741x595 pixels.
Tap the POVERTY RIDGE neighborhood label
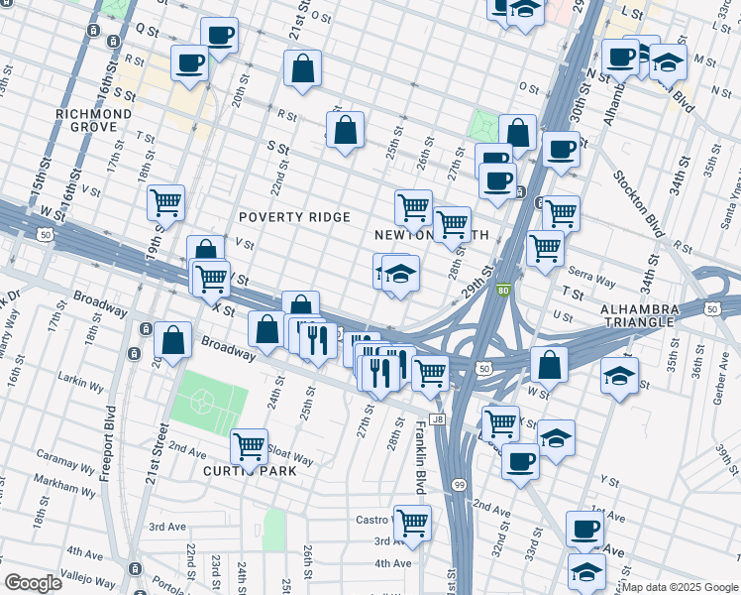(295, 217)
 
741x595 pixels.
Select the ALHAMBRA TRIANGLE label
(653, 316)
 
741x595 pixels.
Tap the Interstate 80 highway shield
(503, 291)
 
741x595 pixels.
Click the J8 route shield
(437, 419)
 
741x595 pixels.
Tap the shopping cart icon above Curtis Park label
(248, 445)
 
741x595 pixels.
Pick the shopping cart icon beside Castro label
(413, 522)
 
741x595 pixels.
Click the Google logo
(33, 583)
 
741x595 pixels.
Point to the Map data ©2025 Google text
(680, 587)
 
